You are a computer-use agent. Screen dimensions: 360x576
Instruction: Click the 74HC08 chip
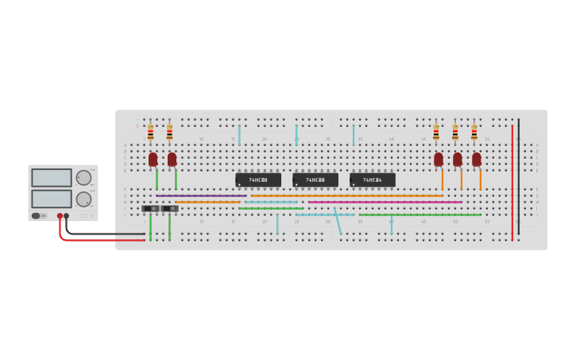(258, 180)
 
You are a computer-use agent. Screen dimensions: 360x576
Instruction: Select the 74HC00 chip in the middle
(315, 180)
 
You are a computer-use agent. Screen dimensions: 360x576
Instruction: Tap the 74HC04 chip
(373, 180)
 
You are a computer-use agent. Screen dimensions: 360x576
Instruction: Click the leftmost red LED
(153, 159)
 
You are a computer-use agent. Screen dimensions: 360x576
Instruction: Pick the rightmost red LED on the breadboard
(477, 159)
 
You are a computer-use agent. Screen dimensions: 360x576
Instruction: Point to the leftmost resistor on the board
(150, 132)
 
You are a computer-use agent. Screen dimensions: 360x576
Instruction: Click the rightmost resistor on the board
(474, 132)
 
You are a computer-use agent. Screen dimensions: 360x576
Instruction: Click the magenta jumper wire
(385, 202)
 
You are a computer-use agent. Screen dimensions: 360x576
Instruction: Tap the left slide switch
(150, 208)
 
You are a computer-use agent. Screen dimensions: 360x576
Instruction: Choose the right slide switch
(170, 208)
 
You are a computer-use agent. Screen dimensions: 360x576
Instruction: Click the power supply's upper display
(52, 178)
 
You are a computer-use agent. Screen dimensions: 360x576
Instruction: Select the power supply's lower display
(52, 198)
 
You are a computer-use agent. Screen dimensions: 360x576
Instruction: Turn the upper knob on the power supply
(83, 178)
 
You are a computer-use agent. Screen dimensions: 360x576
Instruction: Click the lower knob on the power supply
(83, 199)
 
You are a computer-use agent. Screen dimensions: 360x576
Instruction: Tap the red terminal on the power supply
(60, 215)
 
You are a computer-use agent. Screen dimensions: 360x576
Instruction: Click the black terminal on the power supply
(67, 215)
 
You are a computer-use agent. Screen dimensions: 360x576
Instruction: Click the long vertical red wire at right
(512, 183)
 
